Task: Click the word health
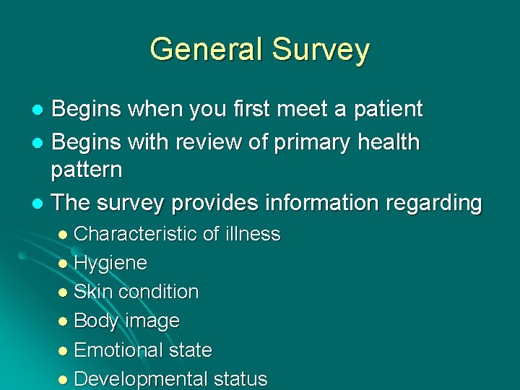point(385,142)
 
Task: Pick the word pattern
point(87,170)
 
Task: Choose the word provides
point(215,203)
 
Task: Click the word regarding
point(436,203)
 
